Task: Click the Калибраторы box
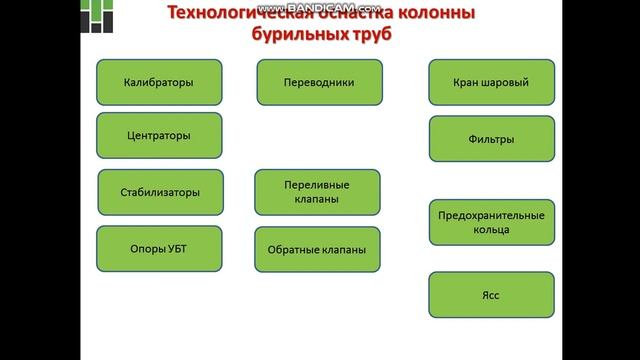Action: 159,83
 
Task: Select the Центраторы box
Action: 159,136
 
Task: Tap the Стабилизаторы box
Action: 161,192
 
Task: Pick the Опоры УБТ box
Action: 159,249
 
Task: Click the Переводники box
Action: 319,83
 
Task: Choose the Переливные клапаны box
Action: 317,192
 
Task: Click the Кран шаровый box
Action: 491,83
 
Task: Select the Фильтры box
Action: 491,139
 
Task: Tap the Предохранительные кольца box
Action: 491,222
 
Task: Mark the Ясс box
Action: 491,295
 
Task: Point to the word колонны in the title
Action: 434,13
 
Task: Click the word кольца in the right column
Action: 491,230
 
